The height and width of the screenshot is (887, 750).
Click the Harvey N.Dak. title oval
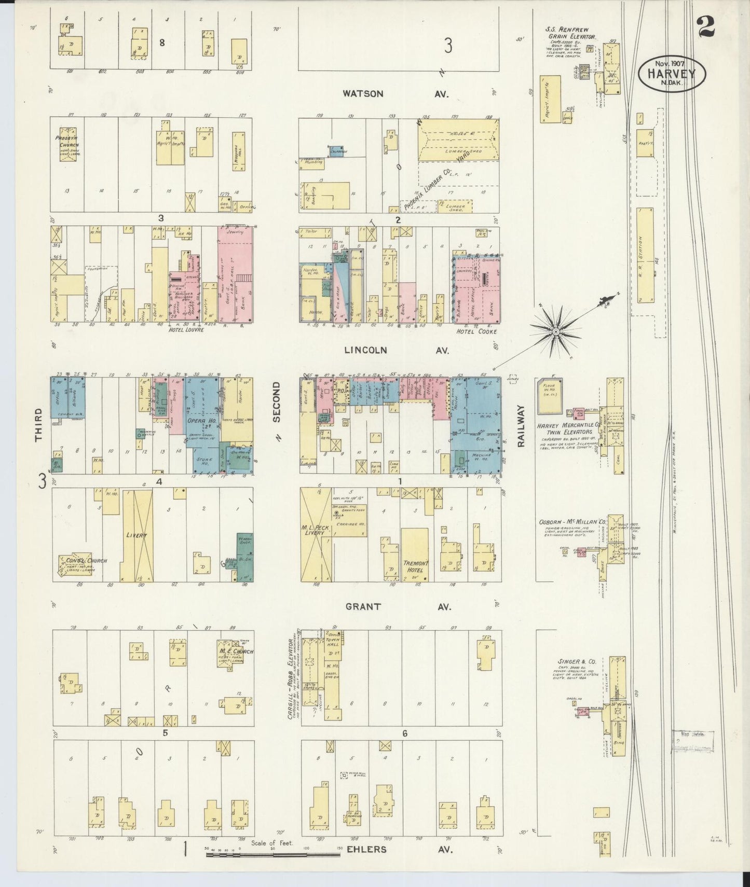pos(673,74)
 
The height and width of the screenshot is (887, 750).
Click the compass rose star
pos(555,331)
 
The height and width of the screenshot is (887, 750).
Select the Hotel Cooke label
pos(476,331)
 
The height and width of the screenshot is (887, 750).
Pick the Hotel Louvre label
pos(186,329)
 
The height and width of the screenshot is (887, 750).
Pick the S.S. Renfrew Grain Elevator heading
pos(569,33)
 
